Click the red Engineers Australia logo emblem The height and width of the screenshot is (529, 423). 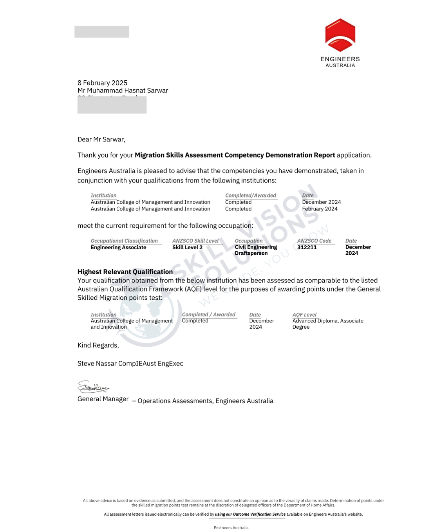tap(340, 35)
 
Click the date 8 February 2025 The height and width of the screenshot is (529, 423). tap(102, 83)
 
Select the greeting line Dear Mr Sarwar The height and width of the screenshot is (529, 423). tap(101, 139)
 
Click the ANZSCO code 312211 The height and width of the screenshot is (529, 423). tap(307, 247)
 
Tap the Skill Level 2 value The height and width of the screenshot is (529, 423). tap(187, 247)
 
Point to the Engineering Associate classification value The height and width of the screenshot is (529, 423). tap(118, 247)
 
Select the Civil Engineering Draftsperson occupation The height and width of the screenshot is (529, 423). tap(255, 250)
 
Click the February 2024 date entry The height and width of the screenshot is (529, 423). tap(320, 209)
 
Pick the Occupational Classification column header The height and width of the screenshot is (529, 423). tap(124, 241)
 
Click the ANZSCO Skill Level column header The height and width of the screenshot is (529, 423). tap(195, 241)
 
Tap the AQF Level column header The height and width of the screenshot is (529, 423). tap(304, 315)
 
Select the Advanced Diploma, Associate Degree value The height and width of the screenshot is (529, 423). tap(327, 324)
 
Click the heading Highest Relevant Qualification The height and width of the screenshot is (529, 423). tap(125, 272)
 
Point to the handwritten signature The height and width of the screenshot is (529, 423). tap(93, 387)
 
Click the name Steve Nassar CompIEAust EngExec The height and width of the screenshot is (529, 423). tap(130, 364)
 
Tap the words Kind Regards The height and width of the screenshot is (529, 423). tap(98, 345)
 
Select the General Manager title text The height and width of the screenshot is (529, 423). tap(103, 399)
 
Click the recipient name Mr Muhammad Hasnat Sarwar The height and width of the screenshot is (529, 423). tap(123, 91)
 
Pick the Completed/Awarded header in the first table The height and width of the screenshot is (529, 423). tap(250, 195)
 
